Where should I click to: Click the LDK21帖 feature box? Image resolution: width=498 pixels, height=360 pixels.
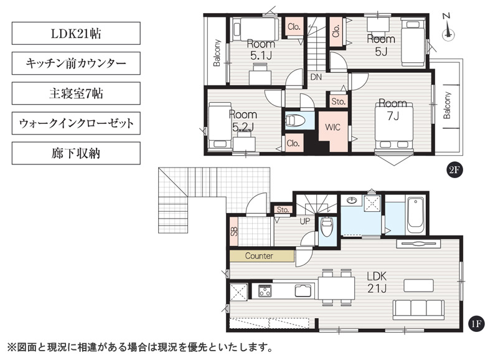point(76,33)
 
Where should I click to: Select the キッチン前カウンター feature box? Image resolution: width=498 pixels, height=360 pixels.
point(76,64)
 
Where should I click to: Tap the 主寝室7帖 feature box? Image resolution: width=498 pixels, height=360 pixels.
point(76,93)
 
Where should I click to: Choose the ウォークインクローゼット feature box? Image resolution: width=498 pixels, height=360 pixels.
point(76,123)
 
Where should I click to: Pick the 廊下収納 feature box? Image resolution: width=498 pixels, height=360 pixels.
point(76,153)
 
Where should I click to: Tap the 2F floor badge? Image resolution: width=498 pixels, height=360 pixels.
point(454,170)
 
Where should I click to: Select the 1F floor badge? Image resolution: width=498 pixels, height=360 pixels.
point(476,324)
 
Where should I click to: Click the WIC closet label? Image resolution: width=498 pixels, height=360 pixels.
point(332,127)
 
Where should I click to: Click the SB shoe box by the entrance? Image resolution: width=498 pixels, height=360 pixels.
point(233,231)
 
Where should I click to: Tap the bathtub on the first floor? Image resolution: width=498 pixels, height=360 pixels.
point(415,215)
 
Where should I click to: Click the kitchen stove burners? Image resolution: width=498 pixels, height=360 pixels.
point(265,290)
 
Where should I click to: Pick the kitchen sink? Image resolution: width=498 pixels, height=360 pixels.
point(303,290)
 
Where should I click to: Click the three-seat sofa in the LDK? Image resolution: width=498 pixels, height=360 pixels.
point(418,310)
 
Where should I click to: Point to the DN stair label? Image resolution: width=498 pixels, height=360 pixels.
point(316,77)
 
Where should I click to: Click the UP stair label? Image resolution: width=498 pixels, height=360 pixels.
point(304,221)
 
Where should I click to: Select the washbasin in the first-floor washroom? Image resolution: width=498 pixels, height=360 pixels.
point(351,200)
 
